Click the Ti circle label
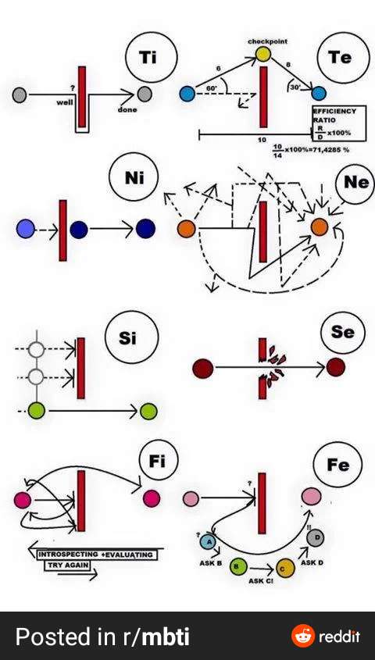point(152,59)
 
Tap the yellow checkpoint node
point(262,54)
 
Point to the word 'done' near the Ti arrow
point(127,110)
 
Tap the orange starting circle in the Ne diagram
point(186,229)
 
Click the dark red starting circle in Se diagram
point(202,366)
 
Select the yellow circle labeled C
point(285,569)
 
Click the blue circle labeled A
point(209,541)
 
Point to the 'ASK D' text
point(312,562)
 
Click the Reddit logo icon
point(302,636)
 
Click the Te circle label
point(339,59)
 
